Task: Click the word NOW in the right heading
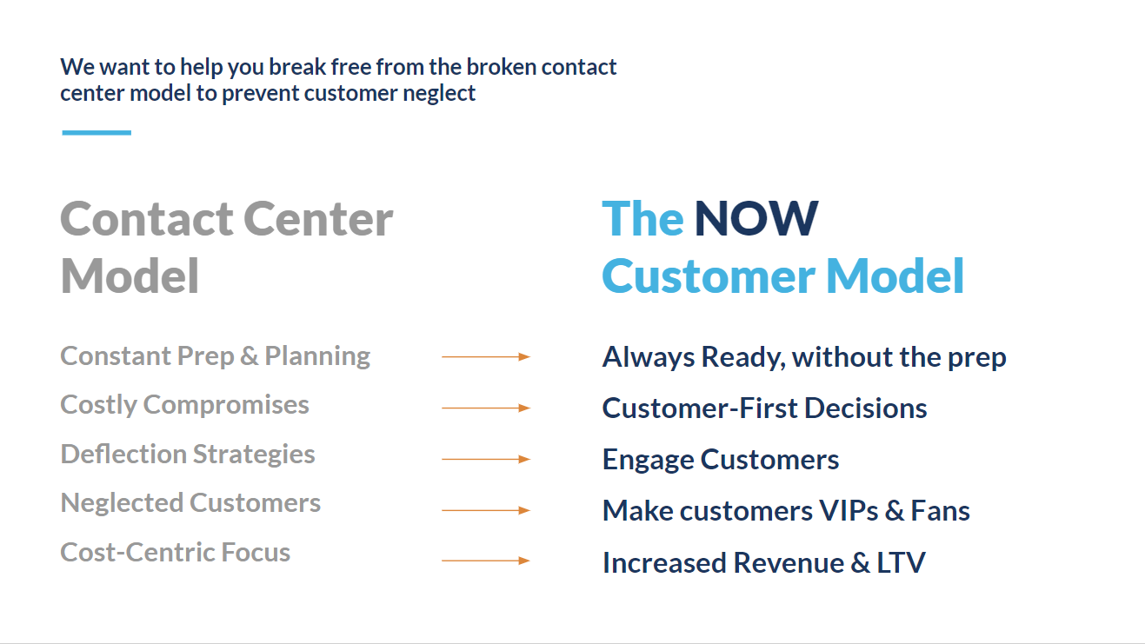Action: coord(756,218)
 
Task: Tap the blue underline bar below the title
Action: coord(97,133)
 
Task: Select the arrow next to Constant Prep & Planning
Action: coord(486,356)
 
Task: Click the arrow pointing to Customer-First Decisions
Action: coord(486,408)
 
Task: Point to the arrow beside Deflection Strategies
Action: coord(486,459)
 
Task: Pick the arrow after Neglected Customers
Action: coord(486,510)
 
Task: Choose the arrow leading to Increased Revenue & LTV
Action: coord(486,561)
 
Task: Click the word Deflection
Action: coord(123,454)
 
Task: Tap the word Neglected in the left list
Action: coord(122,503)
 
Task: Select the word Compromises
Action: coord(226,406)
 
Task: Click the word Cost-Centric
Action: coord(137,552)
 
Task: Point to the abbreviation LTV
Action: coord(901,562)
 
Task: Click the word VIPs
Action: coord(849,511)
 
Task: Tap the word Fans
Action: coord(940,511)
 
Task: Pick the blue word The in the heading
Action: coord(643,218)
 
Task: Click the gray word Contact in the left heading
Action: coord(147,219)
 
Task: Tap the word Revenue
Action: coord(789,562)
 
